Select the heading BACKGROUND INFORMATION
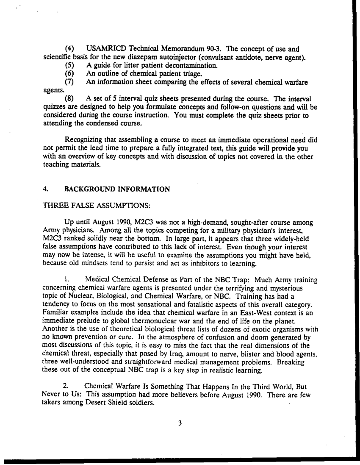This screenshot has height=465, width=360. pos(117,189)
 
